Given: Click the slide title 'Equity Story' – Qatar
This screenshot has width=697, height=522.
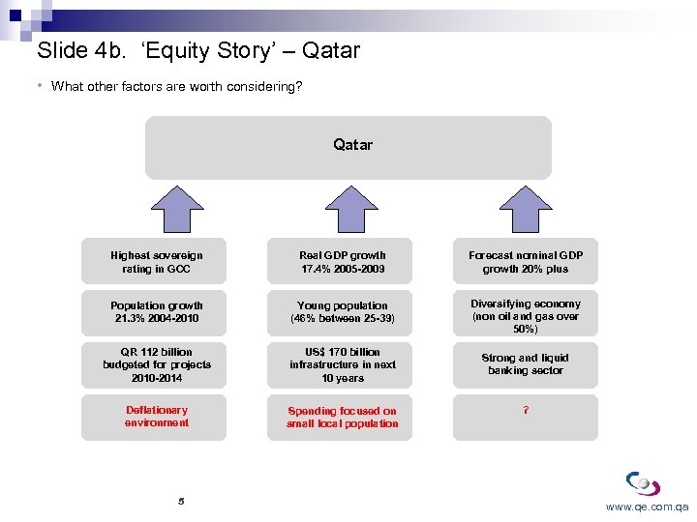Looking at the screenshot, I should pos(197,50).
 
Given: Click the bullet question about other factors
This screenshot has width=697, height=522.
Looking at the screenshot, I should pos(176,87).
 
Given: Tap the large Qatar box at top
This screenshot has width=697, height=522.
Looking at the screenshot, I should pos(348,148).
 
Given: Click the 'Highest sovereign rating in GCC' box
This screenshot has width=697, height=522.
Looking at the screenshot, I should pos(154,262).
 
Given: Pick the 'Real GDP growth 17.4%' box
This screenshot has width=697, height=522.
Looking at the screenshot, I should pos(341,262).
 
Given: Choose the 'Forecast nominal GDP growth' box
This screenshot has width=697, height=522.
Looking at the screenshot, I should pos(526,262).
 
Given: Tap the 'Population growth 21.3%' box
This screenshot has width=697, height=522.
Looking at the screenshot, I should pos(154,312).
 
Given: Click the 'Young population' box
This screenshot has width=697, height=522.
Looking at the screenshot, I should pos(341,312).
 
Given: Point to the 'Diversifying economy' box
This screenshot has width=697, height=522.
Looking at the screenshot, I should pos(526,315).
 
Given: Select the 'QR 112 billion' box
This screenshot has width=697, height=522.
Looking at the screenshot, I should pos(154,364).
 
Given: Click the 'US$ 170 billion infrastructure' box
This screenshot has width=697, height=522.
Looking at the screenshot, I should pos(341,364).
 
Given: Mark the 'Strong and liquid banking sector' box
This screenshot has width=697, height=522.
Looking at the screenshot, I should pos(526,364).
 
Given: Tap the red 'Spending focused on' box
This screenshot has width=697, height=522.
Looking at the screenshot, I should pos(341,418).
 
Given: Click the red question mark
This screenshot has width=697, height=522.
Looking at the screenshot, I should pos(526,411).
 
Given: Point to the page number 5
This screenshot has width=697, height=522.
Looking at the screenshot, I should pos(181,502).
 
